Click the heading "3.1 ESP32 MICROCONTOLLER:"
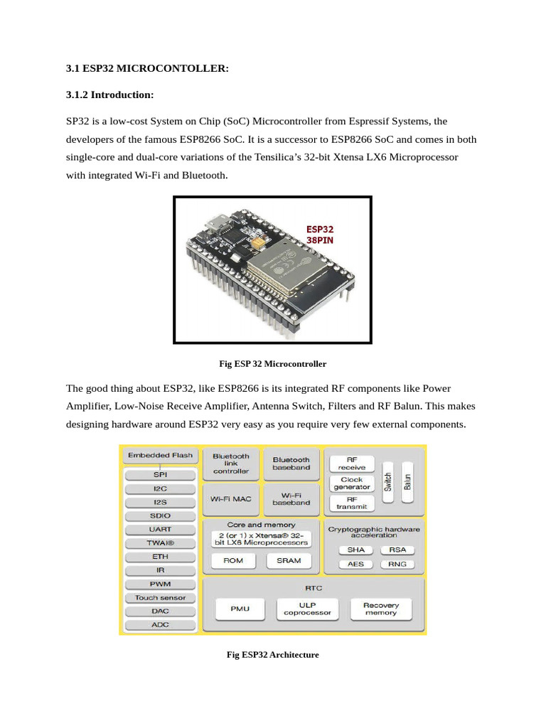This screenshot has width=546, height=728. coord(148,69)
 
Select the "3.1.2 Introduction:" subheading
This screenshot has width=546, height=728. coord(109,95)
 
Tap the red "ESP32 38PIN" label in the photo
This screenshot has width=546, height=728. coord(320,235)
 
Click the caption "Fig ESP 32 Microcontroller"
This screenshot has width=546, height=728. coord(273,364)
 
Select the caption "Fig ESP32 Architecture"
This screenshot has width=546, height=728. coord(273,655)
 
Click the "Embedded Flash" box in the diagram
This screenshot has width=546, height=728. coord(160,456)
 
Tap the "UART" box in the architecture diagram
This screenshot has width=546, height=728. coord(160,530)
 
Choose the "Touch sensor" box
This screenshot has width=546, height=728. coord(160,598)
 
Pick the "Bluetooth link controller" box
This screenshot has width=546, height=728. coord(231,464)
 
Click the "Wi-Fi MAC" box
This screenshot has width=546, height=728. coord(231,499)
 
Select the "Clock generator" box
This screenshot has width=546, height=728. coord(352,483)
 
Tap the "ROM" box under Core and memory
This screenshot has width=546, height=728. coord(233,561)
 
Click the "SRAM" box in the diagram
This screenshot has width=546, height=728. coord(289,561)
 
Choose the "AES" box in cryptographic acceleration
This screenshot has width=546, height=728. coord(355,564)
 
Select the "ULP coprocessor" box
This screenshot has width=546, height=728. coord(307,609)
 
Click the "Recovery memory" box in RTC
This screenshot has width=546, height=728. coord(381,609)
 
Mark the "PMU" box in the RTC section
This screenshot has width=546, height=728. coord(240,609)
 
